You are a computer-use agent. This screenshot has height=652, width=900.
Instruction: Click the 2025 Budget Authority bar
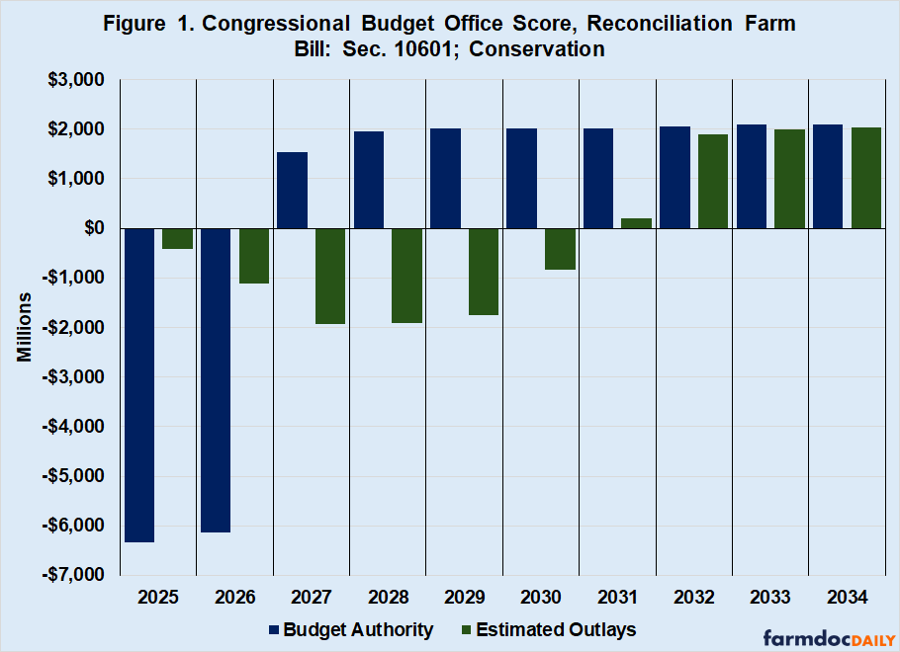coord(138,385)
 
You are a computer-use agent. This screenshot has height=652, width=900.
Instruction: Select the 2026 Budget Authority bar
coord(216,380)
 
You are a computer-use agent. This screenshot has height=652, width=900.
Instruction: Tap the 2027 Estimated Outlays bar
coord(330,276)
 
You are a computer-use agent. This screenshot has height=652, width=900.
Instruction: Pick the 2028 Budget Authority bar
coord(369,180)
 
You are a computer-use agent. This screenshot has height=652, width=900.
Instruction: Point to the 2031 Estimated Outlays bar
coord(637,223)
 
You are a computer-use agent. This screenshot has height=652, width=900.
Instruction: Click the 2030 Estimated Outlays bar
coord(560,249)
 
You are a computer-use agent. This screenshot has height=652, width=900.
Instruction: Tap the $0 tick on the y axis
coord(95,228)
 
